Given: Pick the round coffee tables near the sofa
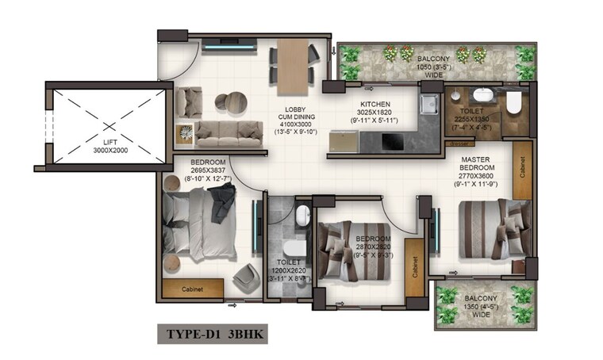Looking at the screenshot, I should pos(229,102).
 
